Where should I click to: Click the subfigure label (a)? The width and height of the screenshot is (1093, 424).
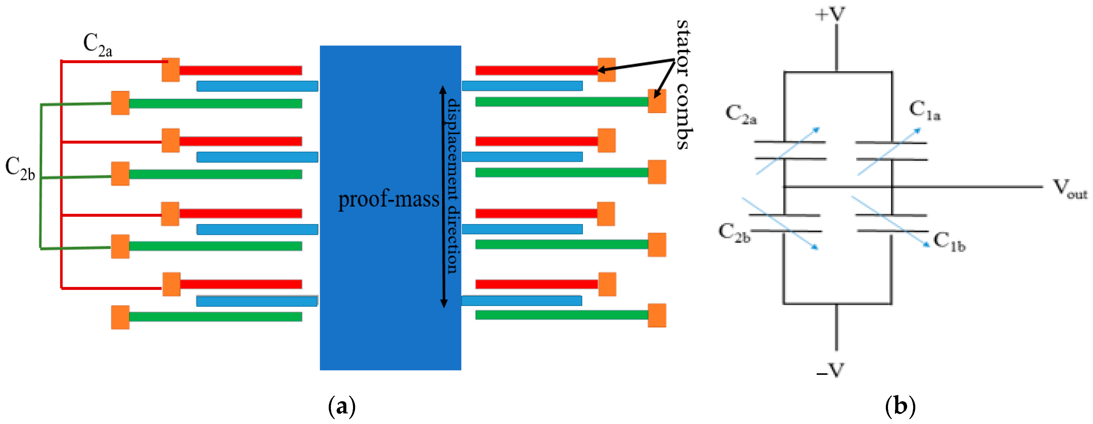pos(341,406)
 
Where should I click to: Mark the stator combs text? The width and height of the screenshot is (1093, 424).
pos(683,85)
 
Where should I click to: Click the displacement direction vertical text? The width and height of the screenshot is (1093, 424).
pos(453,187)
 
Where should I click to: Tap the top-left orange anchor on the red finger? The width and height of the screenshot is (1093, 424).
pos(170,70)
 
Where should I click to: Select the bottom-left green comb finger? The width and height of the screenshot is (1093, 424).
pos(215,317)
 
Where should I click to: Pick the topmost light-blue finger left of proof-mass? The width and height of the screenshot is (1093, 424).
pos(257,86)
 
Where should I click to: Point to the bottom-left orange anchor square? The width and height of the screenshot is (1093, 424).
pos(120,317)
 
